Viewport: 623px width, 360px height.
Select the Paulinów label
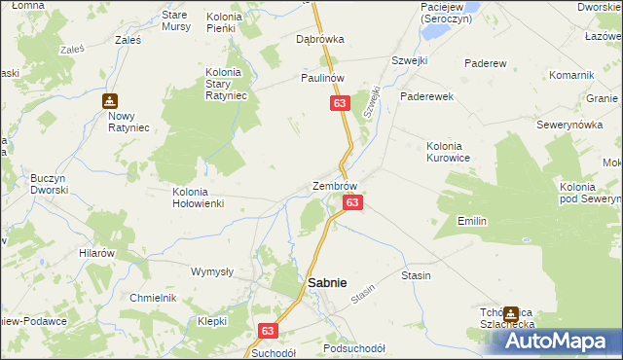click(x=323, y=78)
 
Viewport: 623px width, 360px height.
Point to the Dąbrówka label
click(x=320, y=40)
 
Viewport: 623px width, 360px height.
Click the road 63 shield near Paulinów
click(x=339, y=104)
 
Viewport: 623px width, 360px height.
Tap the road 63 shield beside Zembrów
click(x=353, y=202)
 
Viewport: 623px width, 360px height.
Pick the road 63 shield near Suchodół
click(x=270, y=332)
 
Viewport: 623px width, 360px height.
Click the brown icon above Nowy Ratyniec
click(x=110, y=100)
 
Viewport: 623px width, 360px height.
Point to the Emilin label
click(x=472, y=222)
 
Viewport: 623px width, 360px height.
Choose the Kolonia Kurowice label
click(x=449, y=152)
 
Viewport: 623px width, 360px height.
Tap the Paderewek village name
click(x=425, y=97)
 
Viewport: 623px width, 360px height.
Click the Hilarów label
click(x=97, y=252)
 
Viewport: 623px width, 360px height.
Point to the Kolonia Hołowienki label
click(x=198, y=198)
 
